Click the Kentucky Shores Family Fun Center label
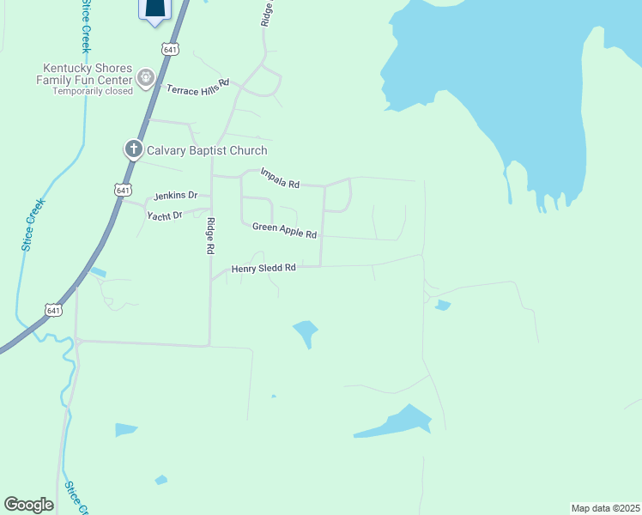point(89,74)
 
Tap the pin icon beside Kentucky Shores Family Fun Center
point(146,79)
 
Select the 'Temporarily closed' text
point(93,91)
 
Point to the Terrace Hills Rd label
point(198,88)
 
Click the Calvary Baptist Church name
point(207,150)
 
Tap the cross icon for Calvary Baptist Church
point(133,149)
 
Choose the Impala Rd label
point(281,178)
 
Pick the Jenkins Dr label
point(175,196)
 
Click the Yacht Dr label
point(165,215)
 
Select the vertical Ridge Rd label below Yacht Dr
point(210,236)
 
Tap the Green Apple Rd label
point(284,230)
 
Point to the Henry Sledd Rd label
point(263,268)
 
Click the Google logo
point(29,505)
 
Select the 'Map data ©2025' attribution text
point(605,508)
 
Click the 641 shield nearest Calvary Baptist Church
point(124,189)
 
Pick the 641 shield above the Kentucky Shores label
point(171,49)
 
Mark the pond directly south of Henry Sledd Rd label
point(306,333)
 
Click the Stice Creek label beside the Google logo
point(75,496)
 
